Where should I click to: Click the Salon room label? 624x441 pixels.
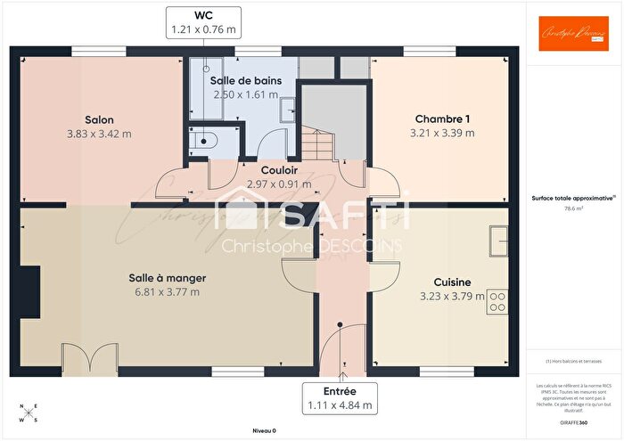[x=99, y=119]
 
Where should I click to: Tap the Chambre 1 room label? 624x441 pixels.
[x=442, y=119]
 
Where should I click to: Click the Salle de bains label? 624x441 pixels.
[x=246, y=80]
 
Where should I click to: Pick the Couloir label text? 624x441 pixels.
[x=279, y=170]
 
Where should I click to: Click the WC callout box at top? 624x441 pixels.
[x=203, y=22]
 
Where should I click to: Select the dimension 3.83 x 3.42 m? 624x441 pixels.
[x=99, y=134]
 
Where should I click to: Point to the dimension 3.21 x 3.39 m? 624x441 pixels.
[x=442, y=134]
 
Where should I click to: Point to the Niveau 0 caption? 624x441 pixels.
[x=263, y=430]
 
